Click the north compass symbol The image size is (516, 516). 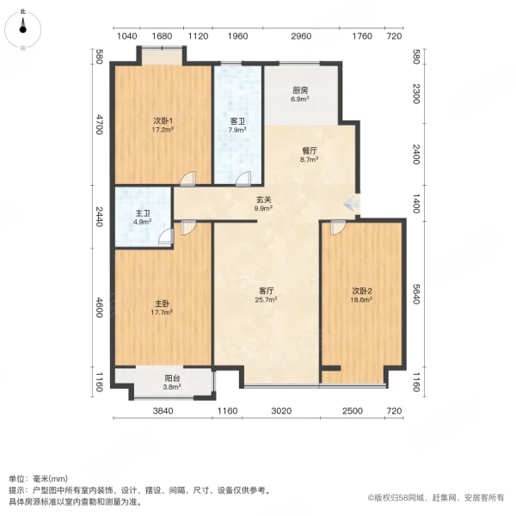coord(23,26)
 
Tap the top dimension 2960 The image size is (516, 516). coord(301,36)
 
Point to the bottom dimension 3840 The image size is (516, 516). coord(164,410)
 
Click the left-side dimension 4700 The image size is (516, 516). coord(100,125)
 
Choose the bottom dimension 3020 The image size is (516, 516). coord(282,410)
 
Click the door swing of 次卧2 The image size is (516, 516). coord(336,227)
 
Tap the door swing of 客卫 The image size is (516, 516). coord(243,179)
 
